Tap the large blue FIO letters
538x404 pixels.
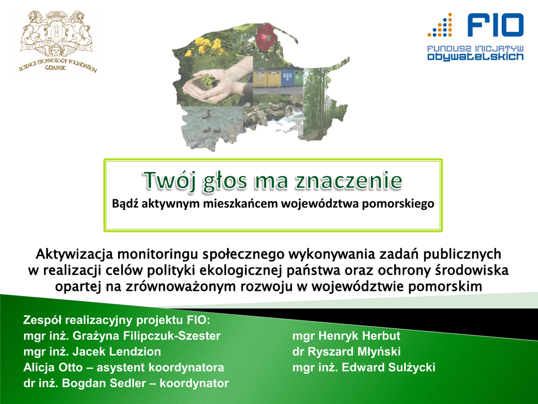pos(495,25)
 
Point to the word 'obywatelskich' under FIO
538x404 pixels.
pos(475,56)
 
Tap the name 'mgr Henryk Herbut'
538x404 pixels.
pos(346,336)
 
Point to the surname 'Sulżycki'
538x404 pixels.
pos(411,367)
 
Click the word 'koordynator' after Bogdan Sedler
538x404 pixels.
pos(194,383)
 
